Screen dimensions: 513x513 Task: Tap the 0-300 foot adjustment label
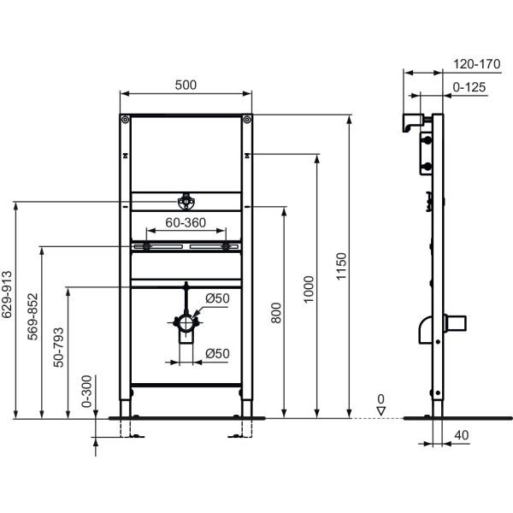86,392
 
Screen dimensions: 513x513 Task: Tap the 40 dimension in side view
462,436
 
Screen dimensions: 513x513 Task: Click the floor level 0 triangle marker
381,411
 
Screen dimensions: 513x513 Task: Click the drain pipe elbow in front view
186,325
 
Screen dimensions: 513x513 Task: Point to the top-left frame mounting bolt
126,120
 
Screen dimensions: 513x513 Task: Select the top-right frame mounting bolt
247,120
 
